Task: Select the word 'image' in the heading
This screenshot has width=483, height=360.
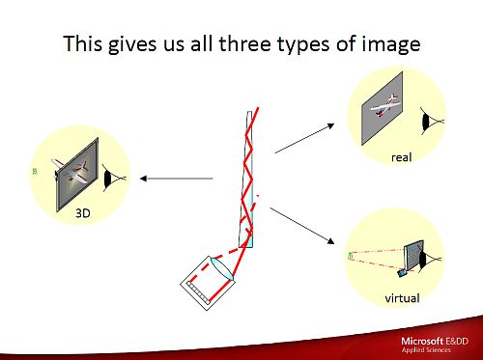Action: tap(387, 44)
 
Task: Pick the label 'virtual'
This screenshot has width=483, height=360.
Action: tap(402, 298)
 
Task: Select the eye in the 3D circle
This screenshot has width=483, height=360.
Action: tap(114, 178)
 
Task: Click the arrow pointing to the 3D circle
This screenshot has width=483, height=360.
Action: tap(175, 178)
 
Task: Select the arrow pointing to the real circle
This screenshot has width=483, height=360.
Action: tap(301, 138)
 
